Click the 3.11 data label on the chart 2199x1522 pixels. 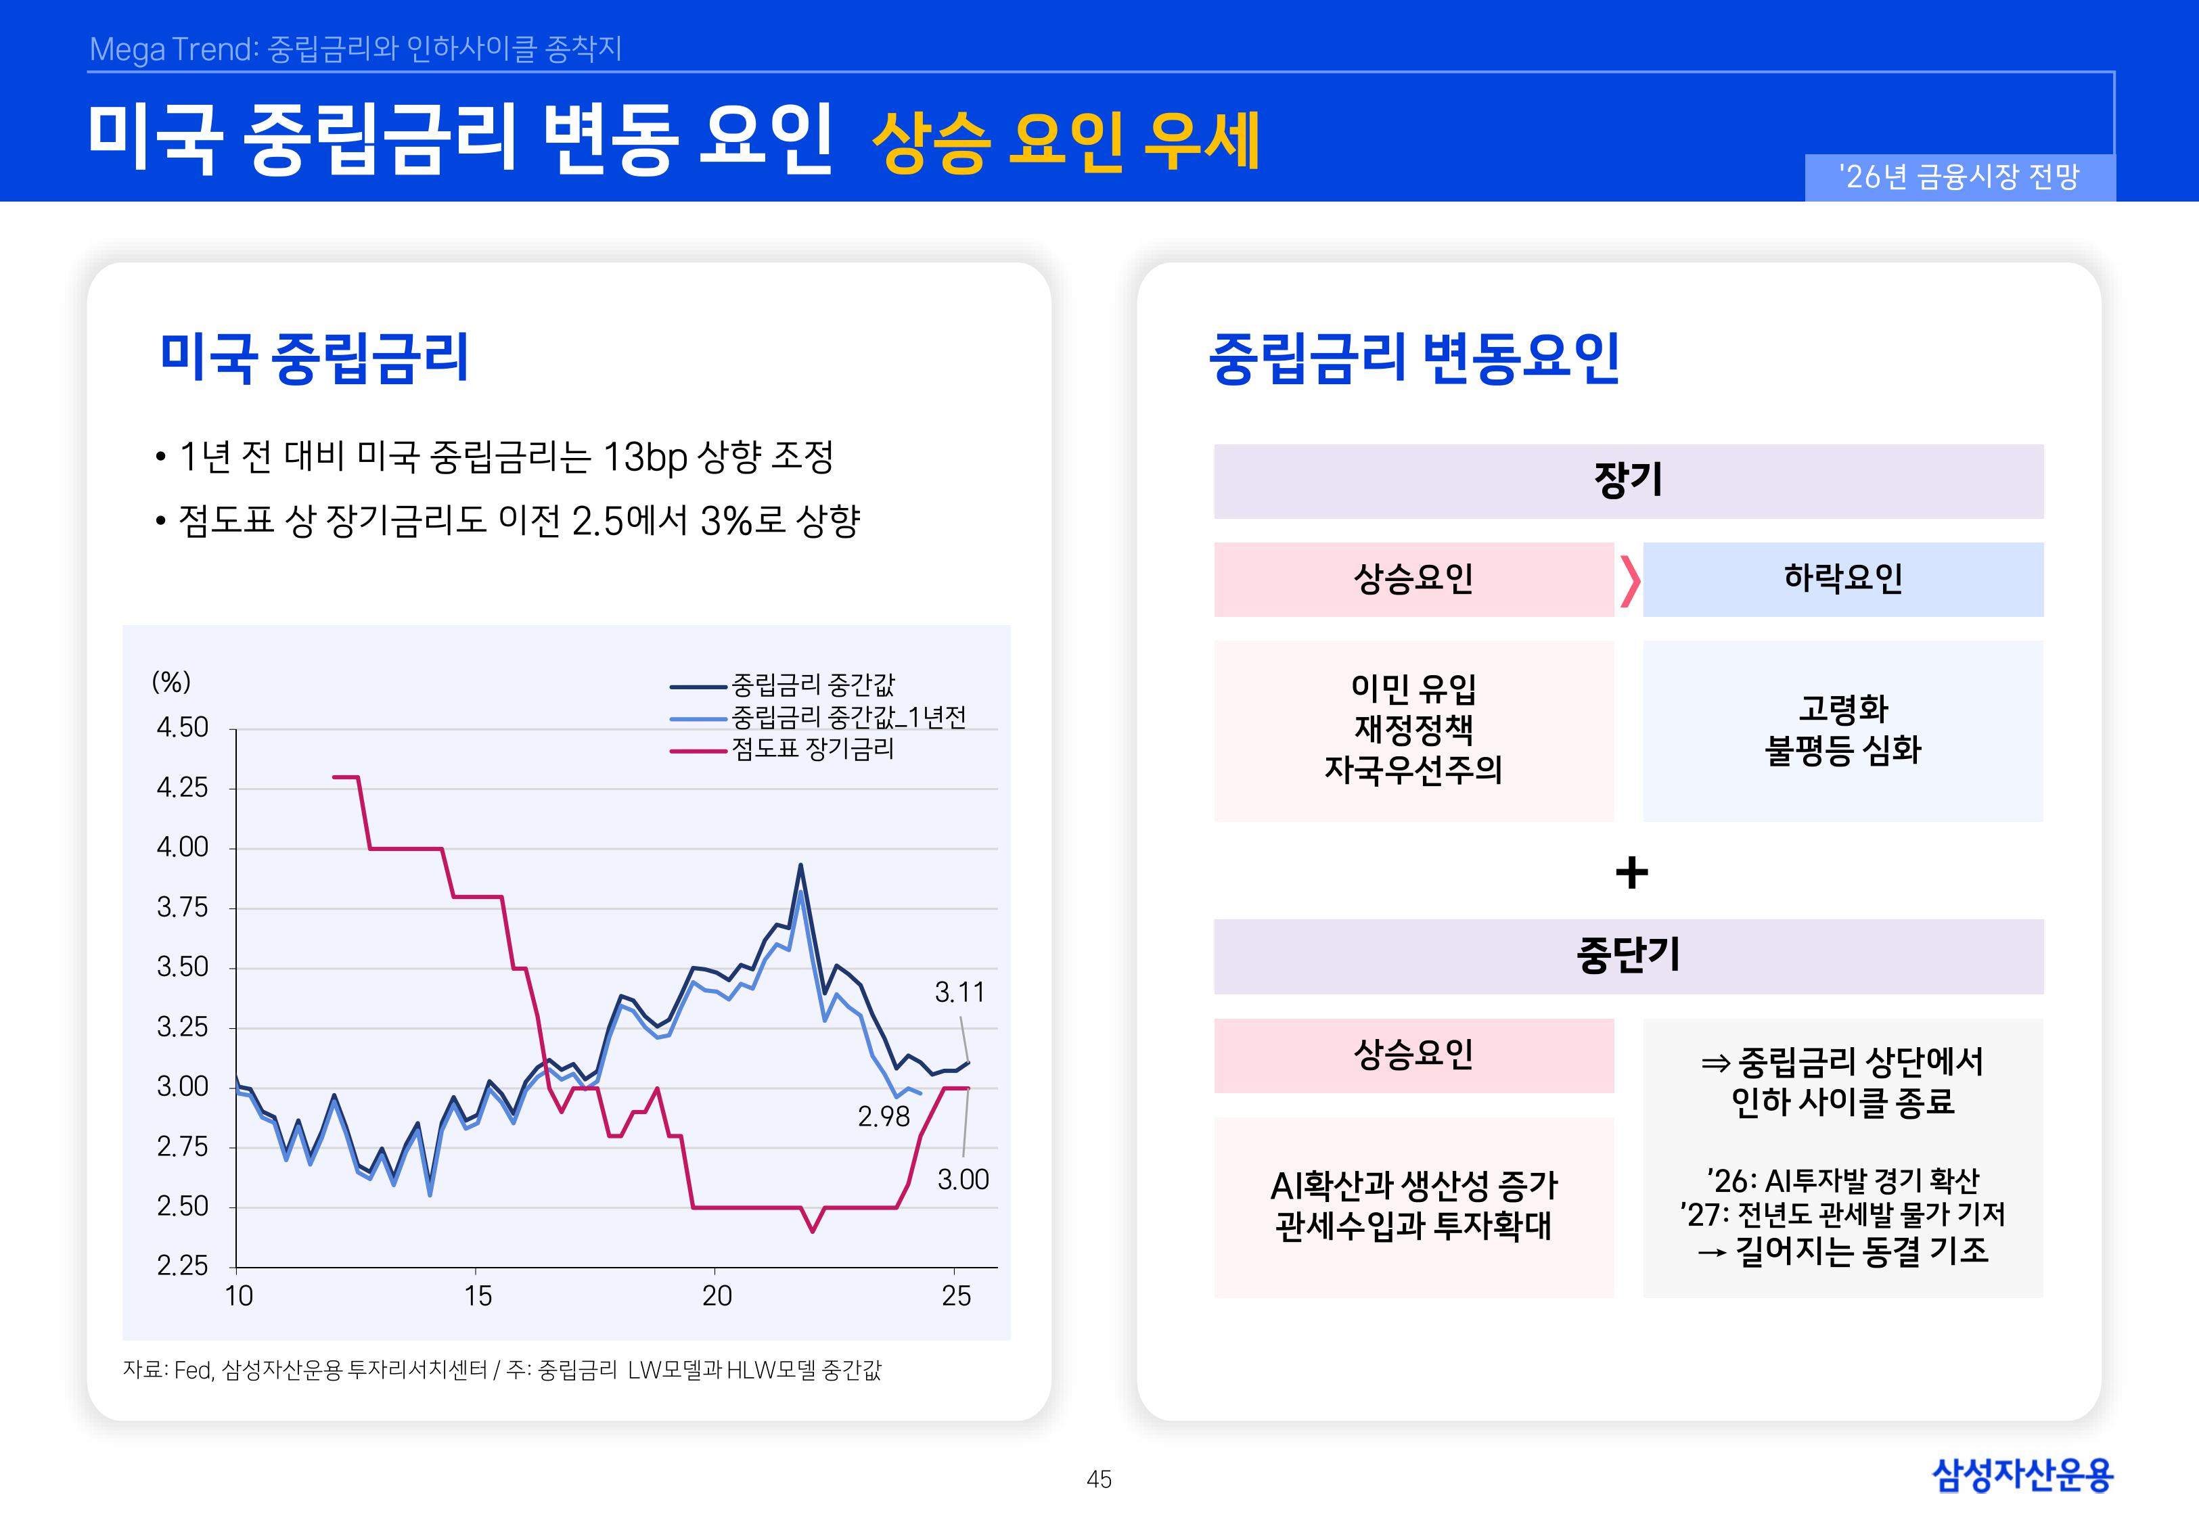click(958, 993)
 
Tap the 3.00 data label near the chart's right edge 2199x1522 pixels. click(962, 1180)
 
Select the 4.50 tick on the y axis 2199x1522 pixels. click(182, 728)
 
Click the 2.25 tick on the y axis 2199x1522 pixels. click(182, 1266)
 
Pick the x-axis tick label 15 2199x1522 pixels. click(478, 1296)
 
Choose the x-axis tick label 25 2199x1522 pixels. click(955, 1296)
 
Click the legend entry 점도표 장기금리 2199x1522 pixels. click(813, 750)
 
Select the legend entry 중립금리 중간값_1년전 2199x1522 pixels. click(848, 717)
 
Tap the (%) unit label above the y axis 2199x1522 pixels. click(172, 682)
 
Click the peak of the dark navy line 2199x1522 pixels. click(800, 866)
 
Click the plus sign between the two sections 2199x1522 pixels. click(1631, 872)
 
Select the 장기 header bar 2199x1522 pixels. click(1628, 481)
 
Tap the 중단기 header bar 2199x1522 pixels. click(1628, 956)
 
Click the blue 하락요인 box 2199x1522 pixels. click(1842, 579)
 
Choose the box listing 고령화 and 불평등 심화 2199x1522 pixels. click(1842, 731)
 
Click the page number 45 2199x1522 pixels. click(1099, 1479)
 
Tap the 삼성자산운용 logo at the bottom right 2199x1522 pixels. click(2022, 1475)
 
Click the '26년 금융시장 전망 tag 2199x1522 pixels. click(1959, 177)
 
